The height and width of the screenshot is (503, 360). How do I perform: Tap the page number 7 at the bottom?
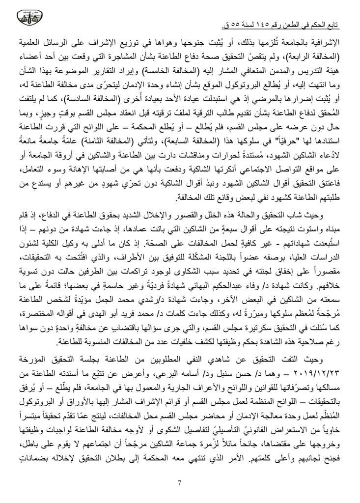click(x=180, y=483)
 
